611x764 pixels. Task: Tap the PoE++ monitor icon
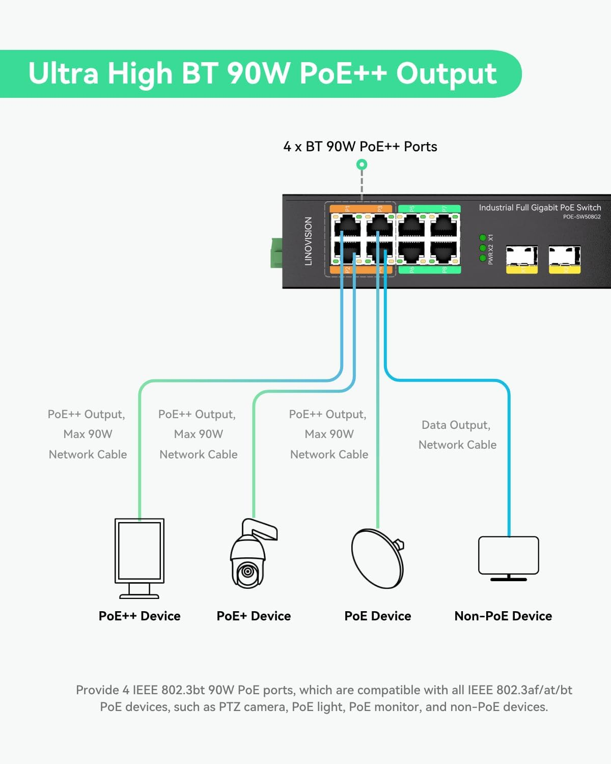tap(140, 558)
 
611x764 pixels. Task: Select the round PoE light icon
tap(377, 558)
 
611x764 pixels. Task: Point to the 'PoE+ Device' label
tap(254, 616)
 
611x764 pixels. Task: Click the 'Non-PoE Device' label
tap(503, 616)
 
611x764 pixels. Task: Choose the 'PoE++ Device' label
tap(140, 616)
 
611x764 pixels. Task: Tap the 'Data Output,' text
tap(456, 425)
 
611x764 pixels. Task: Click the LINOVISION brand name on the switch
tap(308, 241)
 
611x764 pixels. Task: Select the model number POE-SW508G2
tap(581, 216)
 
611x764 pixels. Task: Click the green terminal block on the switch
tap(276, 253)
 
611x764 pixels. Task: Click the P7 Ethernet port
tap(444, 225)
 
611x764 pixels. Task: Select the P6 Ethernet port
tap(411, 252)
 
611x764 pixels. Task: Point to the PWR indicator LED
tap(483, 258)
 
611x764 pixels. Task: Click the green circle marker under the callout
tap(362, 165)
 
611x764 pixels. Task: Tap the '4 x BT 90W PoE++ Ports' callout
tap(360, 147)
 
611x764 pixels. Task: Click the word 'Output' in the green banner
tap(446, 73)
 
